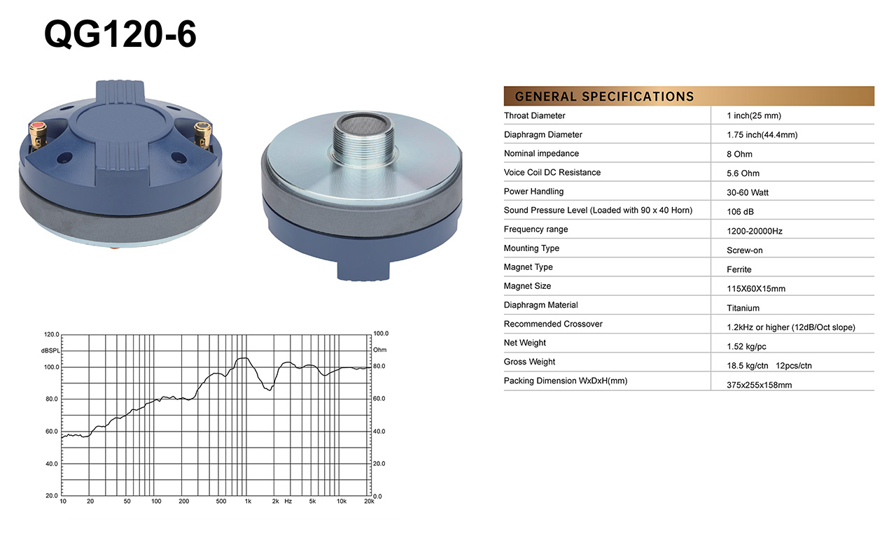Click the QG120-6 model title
(x=120, y=34)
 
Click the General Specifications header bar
(x=689, y=96)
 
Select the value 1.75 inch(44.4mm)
(x=762, y=135)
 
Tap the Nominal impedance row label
(x=541, y=154)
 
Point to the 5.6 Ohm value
(x=743, y=173)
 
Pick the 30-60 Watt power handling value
(x=748, y=192)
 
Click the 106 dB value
(x=740, y=211)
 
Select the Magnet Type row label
(x=528, y=267)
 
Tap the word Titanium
(x=743, y=308)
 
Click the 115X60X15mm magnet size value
(x=756, y=289)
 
